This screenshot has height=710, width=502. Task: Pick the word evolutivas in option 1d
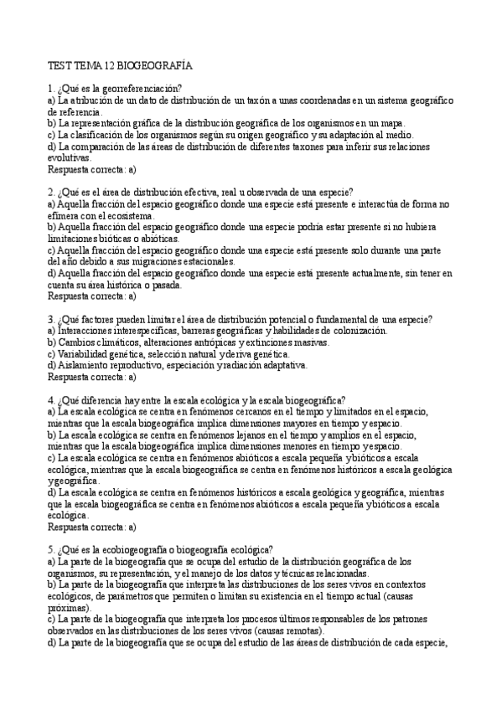(70, 157)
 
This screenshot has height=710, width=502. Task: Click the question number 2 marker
(51, 192)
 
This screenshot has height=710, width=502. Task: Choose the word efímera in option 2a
(64, 215)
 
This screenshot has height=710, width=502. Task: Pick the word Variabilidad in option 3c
(84, 353)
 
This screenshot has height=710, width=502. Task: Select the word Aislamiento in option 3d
(82, 365)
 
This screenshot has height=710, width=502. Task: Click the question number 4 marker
(51, 399)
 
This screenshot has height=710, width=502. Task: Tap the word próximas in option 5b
(68, 608)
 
